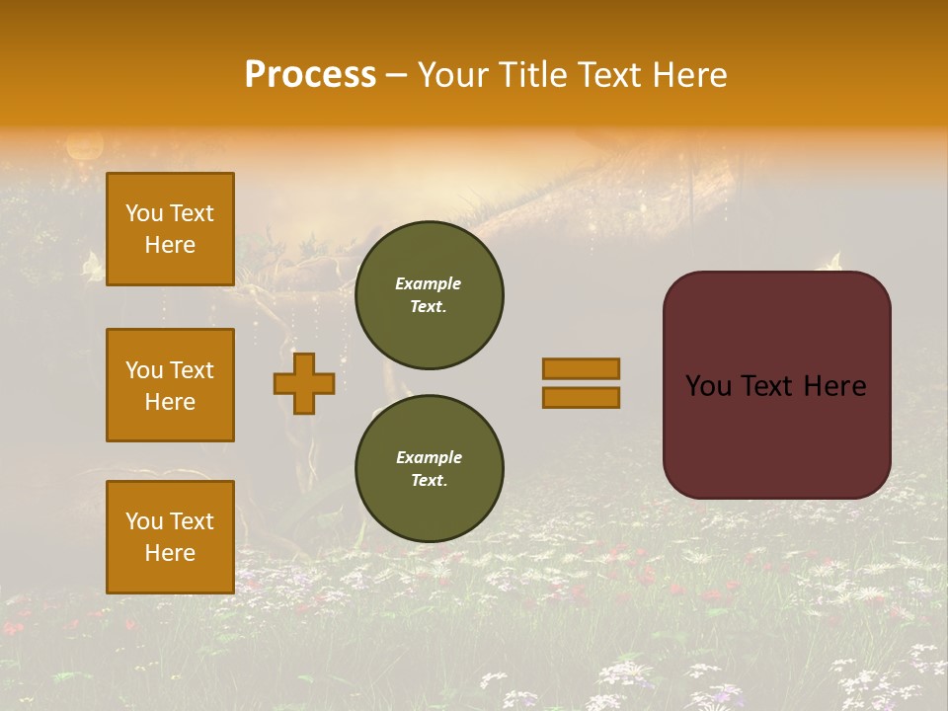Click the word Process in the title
click(310, 75)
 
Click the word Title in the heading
click(533, 75)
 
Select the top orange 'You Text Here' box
click(170, 229)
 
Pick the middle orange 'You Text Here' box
click(170, 385)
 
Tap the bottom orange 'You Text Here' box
click(170, 537)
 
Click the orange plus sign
click(304, 383)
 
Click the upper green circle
click(430, 295)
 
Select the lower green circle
click(430, 469)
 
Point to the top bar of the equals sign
click(581, 368)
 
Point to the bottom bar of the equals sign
click(581, 398)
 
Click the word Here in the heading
click(690, 75)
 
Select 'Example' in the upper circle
click(429, 283)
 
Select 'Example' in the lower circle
click(429, 457)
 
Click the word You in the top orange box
click(144, 213)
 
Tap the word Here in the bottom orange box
click(170, 553)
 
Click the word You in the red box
click(708, 386)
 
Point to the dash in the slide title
click(397, 75)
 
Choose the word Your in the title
click(453, 75)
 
